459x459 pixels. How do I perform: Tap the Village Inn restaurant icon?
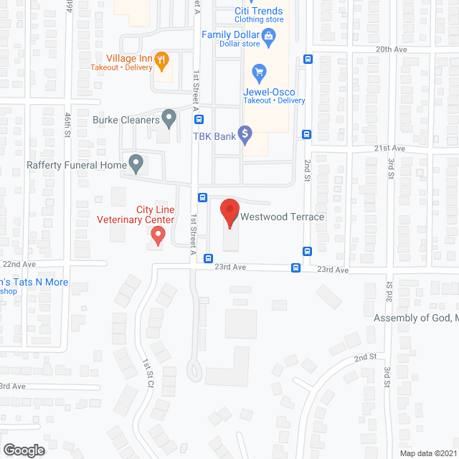pos(162,60)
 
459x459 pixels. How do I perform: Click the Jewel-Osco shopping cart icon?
pos(259,71)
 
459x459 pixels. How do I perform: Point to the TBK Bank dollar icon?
pos(245,133)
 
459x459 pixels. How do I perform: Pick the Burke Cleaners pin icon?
pos(169,116)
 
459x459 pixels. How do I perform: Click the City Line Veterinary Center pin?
pos(158,234)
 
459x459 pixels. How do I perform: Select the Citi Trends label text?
pos(259,11)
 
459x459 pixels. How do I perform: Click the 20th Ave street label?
pos(391,49)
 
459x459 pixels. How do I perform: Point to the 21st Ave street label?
pos(389,148)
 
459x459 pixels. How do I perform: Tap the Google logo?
pos(23,450)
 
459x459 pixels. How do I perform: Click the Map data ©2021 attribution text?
pos(427,453)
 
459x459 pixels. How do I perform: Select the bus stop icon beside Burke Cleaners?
pos(199,120)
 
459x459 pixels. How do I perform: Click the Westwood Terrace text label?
pos(283,217)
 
